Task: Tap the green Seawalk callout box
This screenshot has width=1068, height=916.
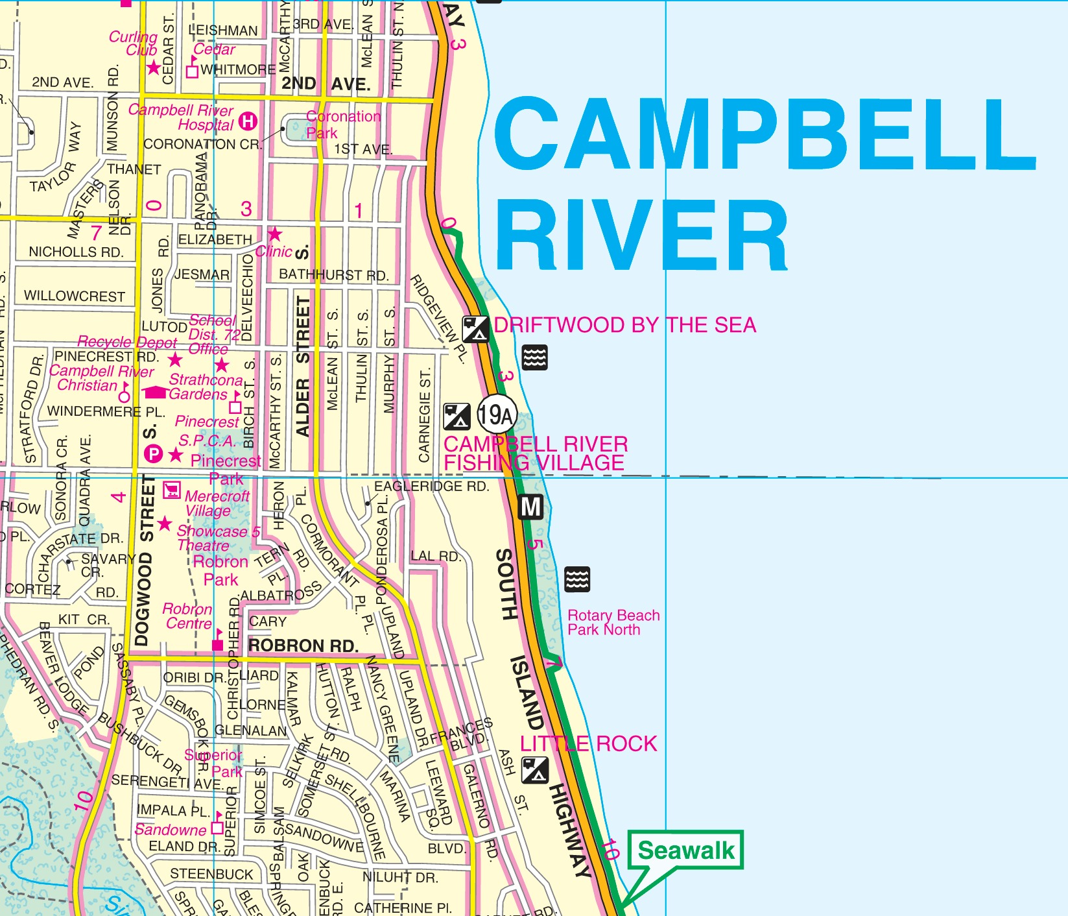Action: (x=686, y=850)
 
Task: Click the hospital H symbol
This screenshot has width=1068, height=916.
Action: (x=248, y=121)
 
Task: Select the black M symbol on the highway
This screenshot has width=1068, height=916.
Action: (x=531, y=506)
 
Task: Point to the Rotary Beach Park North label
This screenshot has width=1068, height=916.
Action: (x=613, y=622)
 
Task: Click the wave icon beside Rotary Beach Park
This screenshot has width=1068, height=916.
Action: (x=576, y=579)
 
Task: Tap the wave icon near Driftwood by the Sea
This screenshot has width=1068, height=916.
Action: (x=534, y=357)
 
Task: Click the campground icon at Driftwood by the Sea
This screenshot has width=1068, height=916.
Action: (x=475, y=328)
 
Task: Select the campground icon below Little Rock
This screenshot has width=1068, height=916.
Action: (x=535, y=770)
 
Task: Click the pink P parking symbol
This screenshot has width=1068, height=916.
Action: (x=153, y=454)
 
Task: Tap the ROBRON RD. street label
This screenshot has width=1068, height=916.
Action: (x=303, y=645)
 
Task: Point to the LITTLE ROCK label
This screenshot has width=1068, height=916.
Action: (x=589, y=743)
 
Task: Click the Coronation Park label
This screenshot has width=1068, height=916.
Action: (x=343, y=125)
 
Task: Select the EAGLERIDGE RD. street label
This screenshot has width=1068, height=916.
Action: (x=431, y=487)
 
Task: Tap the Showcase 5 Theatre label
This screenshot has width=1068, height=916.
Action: (x=218, y=538)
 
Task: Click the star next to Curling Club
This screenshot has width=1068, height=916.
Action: (x=154, y=67)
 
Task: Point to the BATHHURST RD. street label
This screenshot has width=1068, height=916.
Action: (x=333, y=275)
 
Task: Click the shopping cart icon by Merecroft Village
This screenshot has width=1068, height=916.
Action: (x=171, y=490)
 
